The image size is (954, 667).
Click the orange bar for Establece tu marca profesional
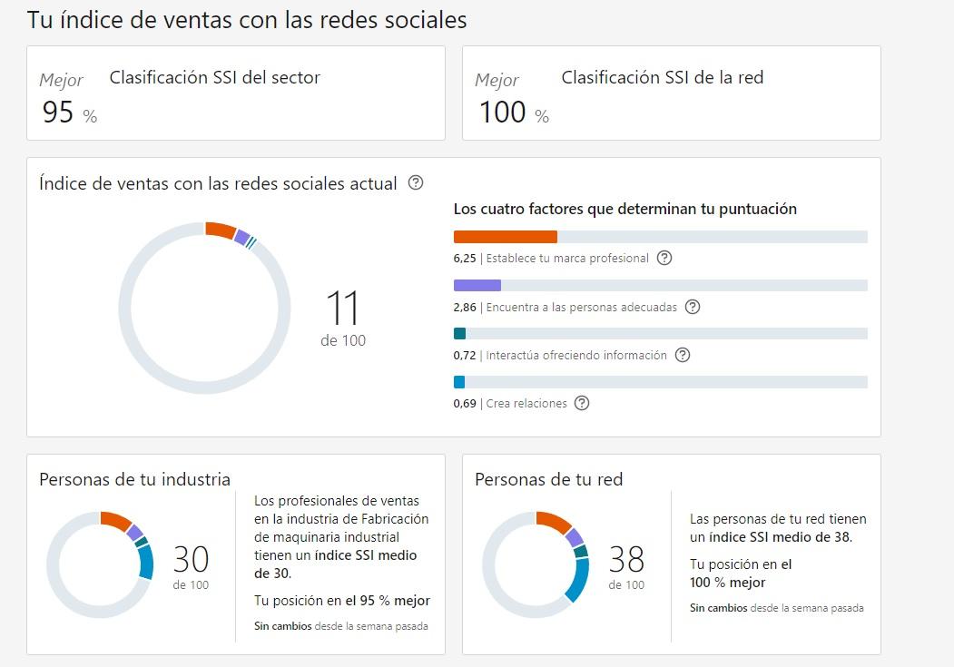(x=505, y=237)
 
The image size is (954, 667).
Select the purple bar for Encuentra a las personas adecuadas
(x=477, y=285)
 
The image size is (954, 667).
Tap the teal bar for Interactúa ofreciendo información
(x=459, y=333)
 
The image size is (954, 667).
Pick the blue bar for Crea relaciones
(x=459, y=382)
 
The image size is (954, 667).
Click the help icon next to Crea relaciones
(x=582, y=403)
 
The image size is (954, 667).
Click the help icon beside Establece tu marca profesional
(x=664, y=258)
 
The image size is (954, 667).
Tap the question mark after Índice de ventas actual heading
(x=416, y=182)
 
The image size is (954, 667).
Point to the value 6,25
(x=465, y=259)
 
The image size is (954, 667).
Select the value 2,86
(x=465, y=308)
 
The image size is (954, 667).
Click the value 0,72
(x=465, y=356)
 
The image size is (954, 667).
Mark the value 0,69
(x=465, y=404)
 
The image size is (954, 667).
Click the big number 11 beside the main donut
(x=343, y=309)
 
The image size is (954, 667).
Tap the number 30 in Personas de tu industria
(x=191, y=558)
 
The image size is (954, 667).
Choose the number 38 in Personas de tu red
(x=626, y=558)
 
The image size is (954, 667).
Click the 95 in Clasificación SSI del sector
(x=58, y=112)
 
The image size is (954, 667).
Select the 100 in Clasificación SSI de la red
(x=503, y=112)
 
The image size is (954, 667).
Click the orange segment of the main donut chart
(x=220, y=230)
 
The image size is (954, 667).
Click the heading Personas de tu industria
(x=134, y=479)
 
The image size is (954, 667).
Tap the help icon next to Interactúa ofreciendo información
(x=683, y=355)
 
